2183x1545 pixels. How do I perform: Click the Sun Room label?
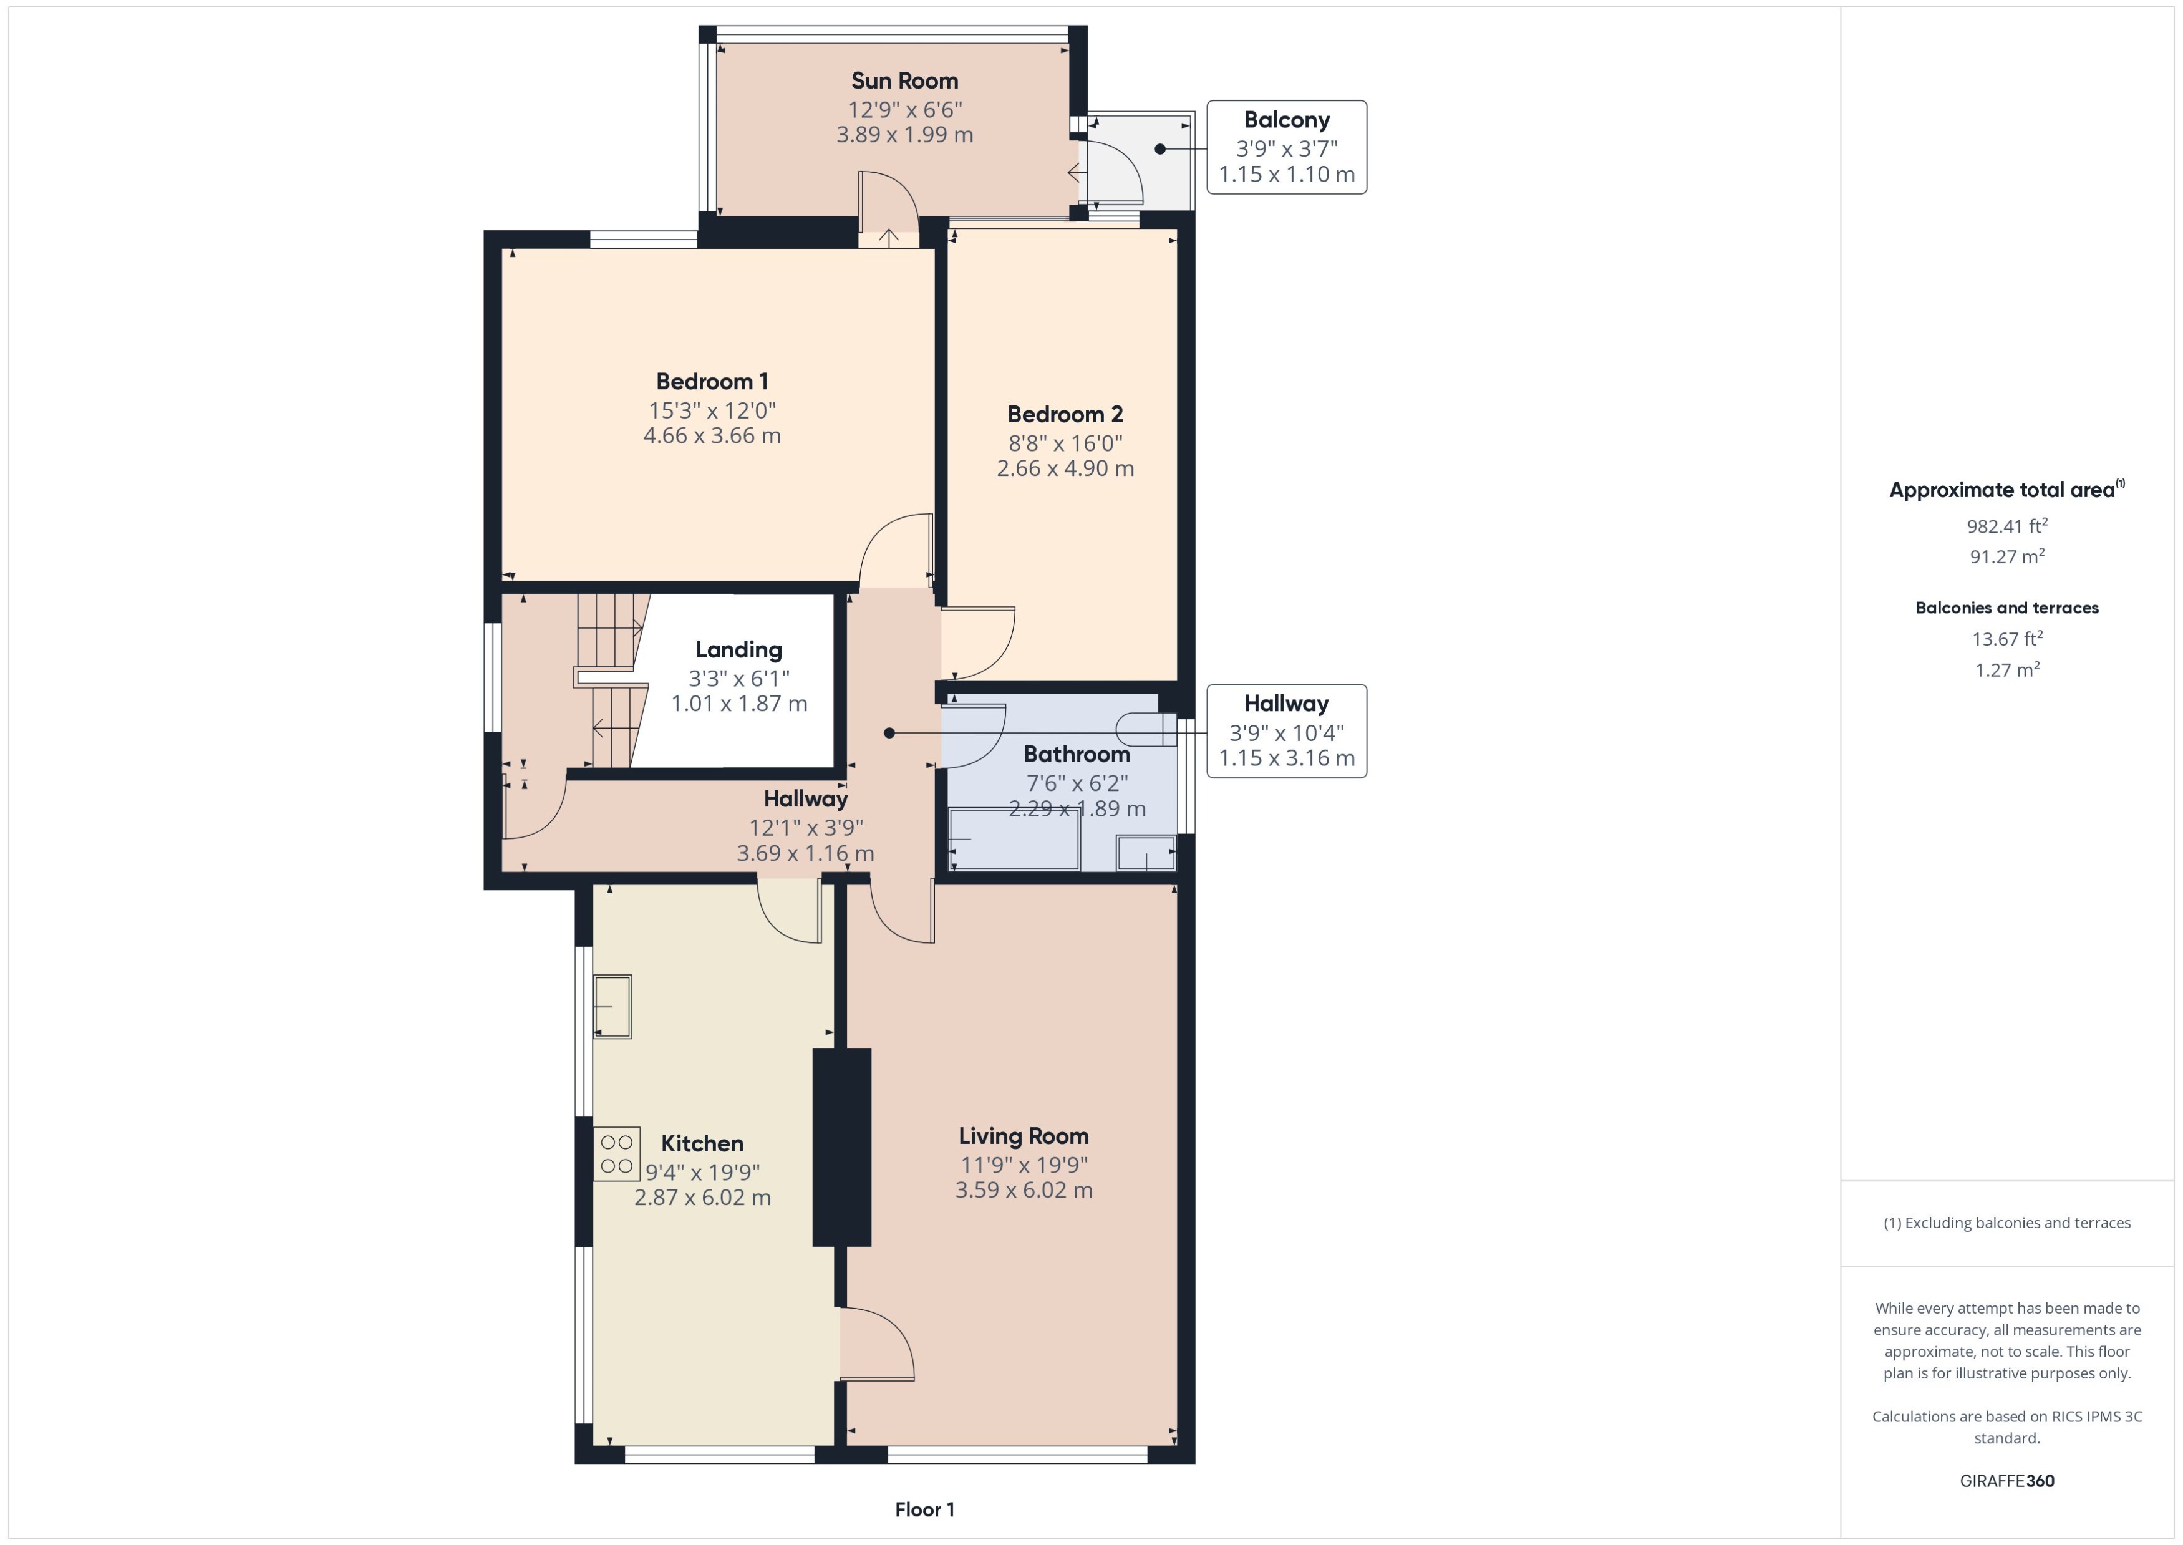[904, 81]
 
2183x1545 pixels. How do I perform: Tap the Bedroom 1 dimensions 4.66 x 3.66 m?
[712, 436]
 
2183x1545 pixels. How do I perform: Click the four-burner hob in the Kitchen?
[616, 1153]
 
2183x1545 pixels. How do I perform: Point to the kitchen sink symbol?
[612, 1005]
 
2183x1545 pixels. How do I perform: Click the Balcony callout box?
[1286, 147]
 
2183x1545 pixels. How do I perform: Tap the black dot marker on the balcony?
[1159, 148]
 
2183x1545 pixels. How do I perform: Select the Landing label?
[738, 650]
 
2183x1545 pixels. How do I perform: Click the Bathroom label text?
[1076, 755]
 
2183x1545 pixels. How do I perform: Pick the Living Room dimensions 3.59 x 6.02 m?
[1024, 1190]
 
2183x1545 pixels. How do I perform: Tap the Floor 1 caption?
[924, 1509]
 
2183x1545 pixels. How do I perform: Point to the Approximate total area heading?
[2005, 490]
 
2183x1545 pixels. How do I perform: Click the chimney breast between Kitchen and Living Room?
[841, 1146]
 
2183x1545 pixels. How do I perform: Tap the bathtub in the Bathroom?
[1015, 839]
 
